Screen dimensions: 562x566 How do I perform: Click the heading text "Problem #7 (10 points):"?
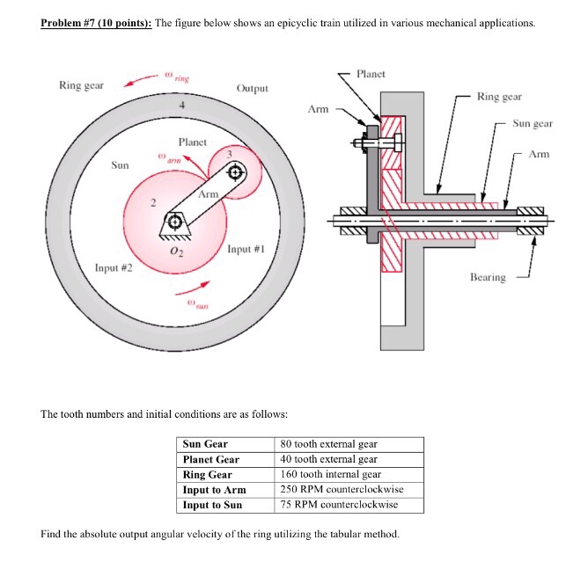click(x=96, y=22)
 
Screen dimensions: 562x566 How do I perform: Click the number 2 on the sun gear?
click(x=151, y=205)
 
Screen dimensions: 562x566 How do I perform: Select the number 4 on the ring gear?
click(x=181, y=106)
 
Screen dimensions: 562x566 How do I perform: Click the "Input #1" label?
click(x=246, y=249)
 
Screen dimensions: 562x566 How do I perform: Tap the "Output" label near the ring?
click(x=253, y=89)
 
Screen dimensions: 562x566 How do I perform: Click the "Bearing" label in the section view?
click(x=488, y=277)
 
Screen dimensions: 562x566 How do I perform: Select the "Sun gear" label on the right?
click(x=533, y=124)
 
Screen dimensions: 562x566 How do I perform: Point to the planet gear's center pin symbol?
click(x=236, y=173)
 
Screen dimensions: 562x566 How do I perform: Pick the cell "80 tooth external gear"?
click(x=328, y=444)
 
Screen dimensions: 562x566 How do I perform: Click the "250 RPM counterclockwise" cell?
click(x=339, y=489)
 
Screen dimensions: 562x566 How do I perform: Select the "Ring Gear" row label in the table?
click(x=208, y=474)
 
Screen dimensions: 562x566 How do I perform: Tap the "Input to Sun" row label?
click(x=212, y=505)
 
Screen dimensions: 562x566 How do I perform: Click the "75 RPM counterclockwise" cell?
click(x=339, y=505)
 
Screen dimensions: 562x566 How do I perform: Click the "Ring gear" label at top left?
click(x=81, y=85)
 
